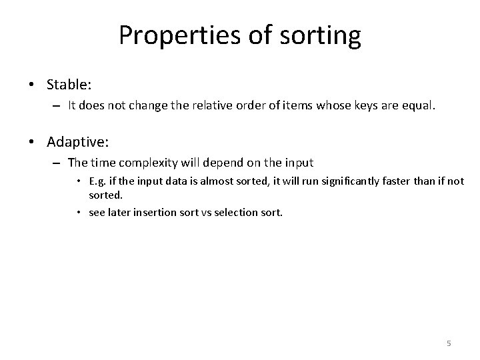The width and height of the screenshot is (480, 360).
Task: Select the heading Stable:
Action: (69, 85)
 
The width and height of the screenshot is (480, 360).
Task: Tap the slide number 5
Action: (449, 343)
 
